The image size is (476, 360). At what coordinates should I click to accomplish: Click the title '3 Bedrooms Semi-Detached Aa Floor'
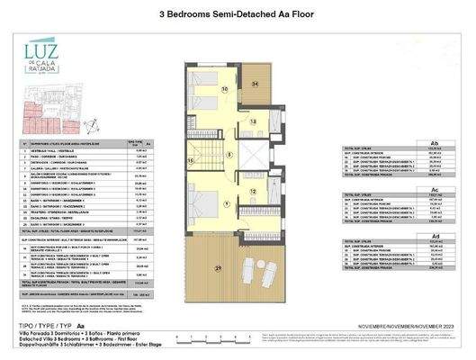(237, 13)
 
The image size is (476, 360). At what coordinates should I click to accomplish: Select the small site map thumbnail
(37, 116)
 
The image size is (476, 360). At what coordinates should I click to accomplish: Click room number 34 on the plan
(255, 84)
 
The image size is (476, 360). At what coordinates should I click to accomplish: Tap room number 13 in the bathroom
(253, 121)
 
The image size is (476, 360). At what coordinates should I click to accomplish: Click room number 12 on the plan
(254, 190)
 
